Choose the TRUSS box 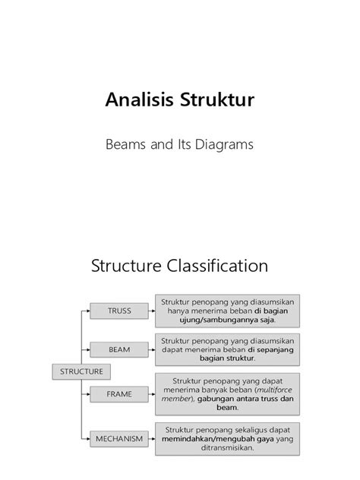[119, 310]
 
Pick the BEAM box [119, 350]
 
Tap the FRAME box [119, 394]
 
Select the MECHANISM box [119, 437]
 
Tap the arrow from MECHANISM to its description [151, 437]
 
